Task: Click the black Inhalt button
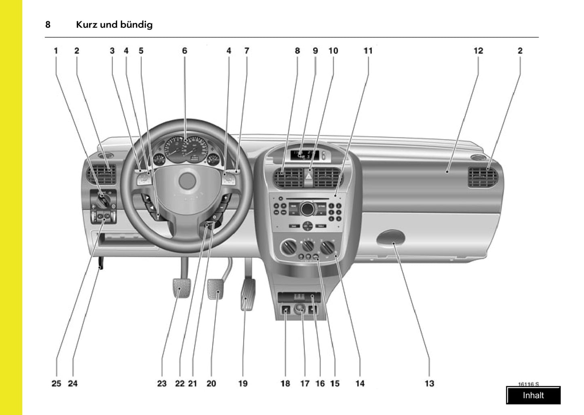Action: pyautogui.click(x=533, y=395)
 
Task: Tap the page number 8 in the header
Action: pyautogui.click(x=48, y=25)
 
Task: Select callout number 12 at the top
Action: pyautogui.click(x=478, y=51)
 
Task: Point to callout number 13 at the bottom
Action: pyautogui.click(x=429, y=383)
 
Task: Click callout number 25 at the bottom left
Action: pyautogui.click(x=56, y=383)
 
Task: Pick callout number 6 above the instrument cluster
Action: pyautogui.click(x=185, y=51)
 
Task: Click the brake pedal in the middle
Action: pyautogui.click(x=215, y=288)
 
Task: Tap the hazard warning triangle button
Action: pyautogui.click(x=309, y=177)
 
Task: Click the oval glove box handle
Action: pyautogui.click(x=391, y=238)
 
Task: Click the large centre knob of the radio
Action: pyautogui.click(x=307, y=209)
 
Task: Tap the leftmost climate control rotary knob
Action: pyautogui.click(x=288, y=246)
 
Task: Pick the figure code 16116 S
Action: pyautogui.click(x=528, y=384)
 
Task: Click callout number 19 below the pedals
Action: pyautogui.click(x=242, y=383)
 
